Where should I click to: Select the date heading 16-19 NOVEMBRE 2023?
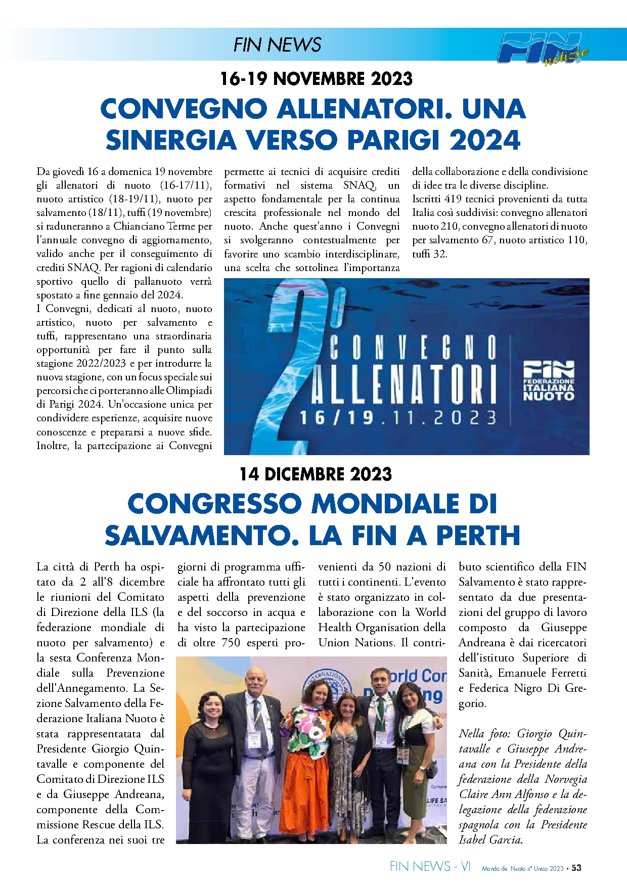317,79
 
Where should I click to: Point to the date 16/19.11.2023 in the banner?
398,418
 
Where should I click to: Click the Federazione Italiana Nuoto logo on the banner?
549,381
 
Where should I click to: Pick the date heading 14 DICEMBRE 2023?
316,474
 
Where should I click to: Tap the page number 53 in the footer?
576,868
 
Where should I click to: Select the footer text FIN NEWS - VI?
430,867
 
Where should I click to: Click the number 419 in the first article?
453,199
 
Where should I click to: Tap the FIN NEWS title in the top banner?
277,45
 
